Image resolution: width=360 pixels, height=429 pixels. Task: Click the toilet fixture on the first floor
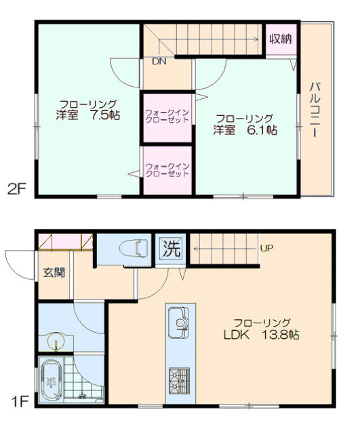tap(134, 249)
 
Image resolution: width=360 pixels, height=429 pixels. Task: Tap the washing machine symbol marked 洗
tap(171, 249)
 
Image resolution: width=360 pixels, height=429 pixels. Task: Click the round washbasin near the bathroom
tap(56, 341)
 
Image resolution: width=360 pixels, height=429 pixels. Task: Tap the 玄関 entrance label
tap(54, 272)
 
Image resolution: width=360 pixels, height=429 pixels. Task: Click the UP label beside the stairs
tap(266, 248)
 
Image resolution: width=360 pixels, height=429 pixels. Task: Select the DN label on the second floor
tap(159, 61)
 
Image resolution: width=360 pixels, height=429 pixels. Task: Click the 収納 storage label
tap(281, 39)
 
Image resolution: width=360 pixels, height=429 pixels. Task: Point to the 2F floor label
tap(17, 189)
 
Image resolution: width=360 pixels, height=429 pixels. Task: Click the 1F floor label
tap(20, 402)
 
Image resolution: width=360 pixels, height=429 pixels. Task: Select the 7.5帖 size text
tap(105, 115)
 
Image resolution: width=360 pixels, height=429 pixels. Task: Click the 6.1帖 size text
tap(262, 130)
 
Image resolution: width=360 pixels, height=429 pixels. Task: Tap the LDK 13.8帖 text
tap(262, 335)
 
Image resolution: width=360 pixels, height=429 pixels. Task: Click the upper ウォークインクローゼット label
tap(167, 116)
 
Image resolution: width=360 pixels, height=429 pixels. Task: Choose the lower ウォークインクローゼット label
tap(167, 170)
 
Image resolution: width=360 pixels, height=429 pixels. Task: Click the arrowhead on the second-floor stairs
tap(256, 39)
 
